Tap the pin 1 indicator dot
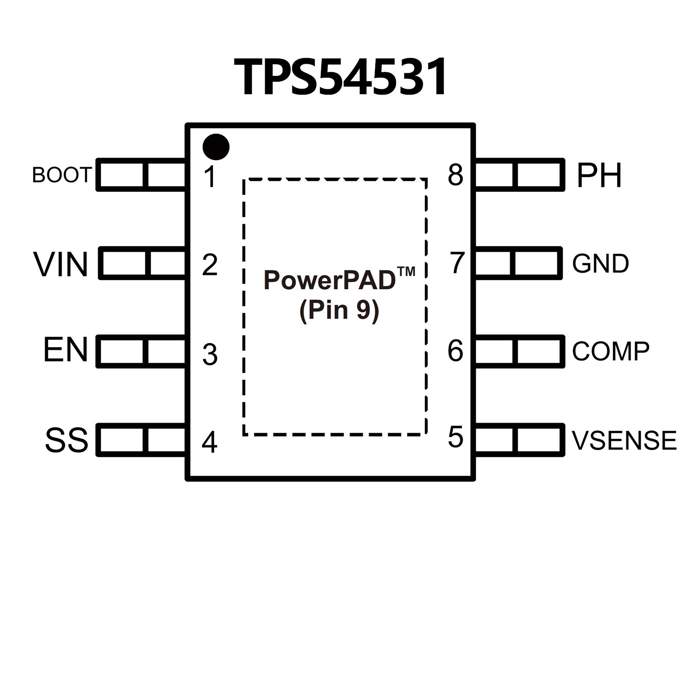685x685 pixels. point(216,147)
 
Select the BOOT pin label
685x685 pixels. point(62,175)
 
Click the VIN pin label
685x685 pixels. point(61,264)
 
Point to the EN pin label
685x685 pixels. point(65,350)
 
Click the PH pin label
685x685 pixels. point(599,175)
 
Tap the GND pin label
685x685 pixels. point(601,263)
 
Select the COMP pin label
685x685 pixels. point(610,351)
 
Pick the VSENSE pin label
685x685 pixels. point(624,440)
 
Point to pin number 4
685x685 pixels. point(210,442)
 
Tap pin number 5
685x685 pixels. point(456,437)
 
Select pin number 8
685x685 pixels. point(456,175)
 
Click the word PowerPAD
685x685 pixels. point(330,280)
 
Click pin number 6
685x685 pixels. point(456,351)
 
